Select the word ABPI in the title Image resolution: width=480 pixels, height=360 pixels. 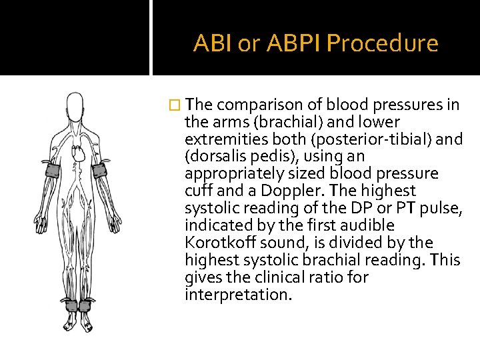(x=294, y=43)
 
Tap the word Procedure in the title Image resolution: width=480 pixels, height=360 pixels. (x=383, y=43)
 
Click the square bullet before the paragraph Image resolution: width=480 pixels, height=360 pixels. (x=175, y=105)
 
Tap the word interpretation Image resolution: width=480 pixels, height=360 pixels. (x=238, y=294)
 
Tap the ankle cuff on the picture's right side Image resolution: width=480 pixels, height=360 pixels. (x=86, y=306)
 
